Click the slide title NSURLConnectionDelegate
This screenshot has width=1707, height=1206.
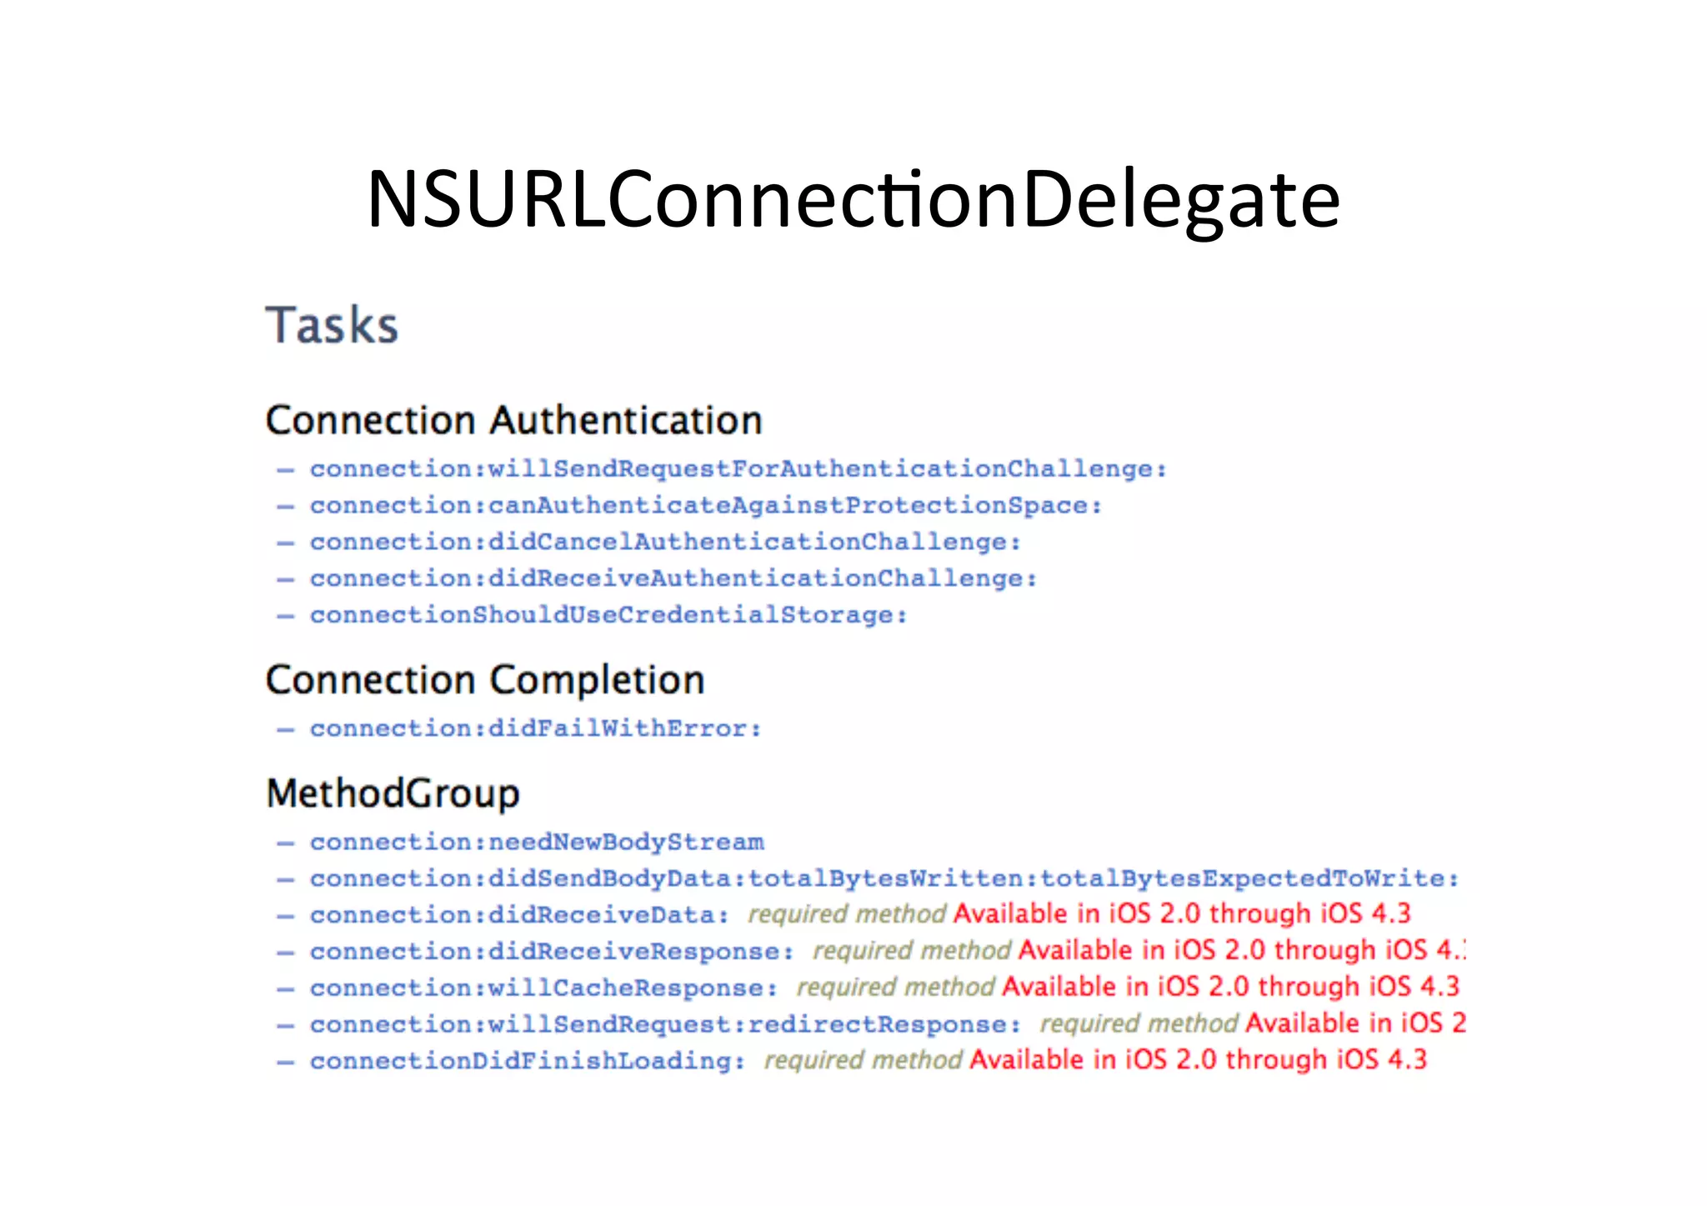tap(853, 200)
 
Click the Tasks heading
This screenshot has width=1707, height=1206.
tap(332, 325)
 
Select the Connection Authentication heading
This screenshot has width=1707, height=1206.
tap(513, 420)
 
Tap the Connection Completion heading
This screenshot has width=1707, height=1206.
tap(485, 680)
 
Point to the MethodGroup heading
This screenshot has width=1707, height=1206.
tap(393, 793)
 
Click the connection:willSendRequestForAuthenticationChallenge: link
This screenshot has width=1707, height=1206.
tap(738, 469)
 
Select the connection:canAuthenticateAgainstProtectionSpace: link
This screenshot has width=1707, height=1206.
tap(706, 506)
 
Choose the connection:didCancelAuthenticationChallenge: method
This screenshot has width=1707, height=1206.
tap(665, 543)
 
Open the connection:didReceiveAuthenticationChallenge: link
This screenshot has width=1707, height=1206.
tap(673, 579)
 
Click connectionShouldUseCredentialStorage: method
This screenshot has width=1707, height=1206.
tap(608, 616)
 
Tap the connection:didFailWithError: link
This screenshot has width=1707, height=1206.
tap(536, 729)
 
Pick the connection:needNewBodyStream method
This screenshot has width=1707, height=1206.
tap(537, 843)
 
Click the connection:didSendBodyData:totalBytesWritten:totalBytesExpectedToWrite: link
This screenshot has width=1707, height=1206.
tap(884, 879)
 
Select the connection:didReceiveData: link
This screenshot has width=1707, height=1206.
tap(519, 915)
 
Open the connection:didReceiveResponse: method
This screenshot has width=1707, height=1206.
tap(552, 952)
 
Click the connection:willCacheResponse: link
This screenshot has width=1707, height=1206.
tap(543, 988)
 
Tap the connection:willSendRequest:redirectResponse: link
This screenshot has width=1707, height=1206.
tap(665, 1024)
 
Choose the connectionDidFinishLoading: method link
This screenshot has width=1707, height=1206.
tap(528, 1061)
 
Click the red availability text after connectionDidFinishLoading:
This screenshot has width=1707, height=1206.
tap(1198, 1060)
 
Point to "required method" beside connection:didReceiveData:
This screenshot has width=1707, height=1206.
tap(847, 914)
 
